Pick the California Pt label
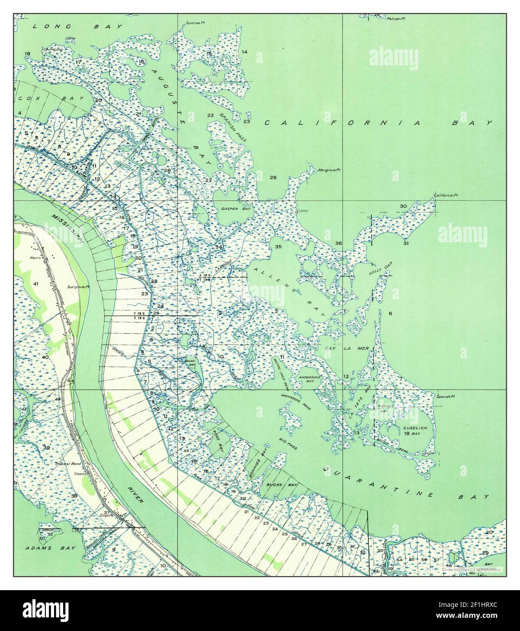(x=446, y=196)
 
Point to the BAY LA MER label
(x=348, y=348)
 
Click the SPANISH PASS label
(x=232, y=128)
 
